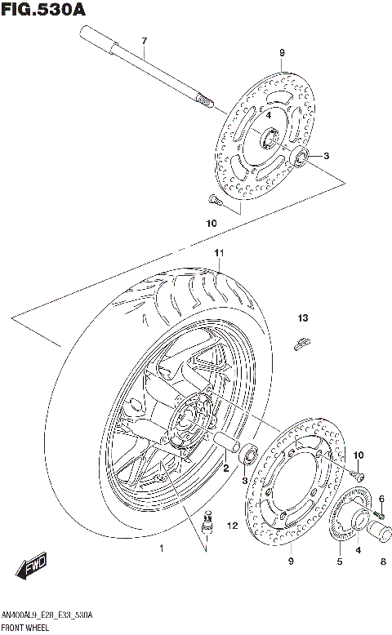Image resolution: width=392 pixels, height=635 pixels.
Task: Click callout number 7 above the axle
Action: [x=144, y=41]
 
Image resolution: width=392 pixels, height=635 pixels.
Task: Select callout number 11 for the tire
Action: [x=219, y=253]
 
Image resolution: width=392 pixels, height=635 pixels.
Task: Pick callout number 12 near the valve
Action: [x=232, y=526]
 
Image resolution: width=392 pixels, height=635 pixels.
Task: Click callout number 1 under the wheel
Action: [x=162, y=548]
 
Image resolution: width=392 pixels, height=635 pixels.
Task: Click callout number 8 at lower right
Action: [x=381, y=561]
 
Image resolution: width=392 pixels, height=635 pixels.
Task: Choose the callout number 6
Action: [x=381, y=499]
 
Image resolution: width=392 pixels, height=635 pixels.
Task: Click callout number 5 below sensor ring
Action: [x=339, y=562]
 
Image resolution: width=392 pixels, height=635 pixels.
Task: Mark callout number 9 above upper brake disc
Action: [x=281, y=54]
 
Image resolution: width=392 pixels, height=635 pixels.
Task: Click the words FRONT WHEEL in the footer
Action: [x=25, y=628]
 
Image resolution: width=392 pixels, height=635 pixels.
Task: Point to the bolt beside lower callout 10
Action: [x=358, y=471]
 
